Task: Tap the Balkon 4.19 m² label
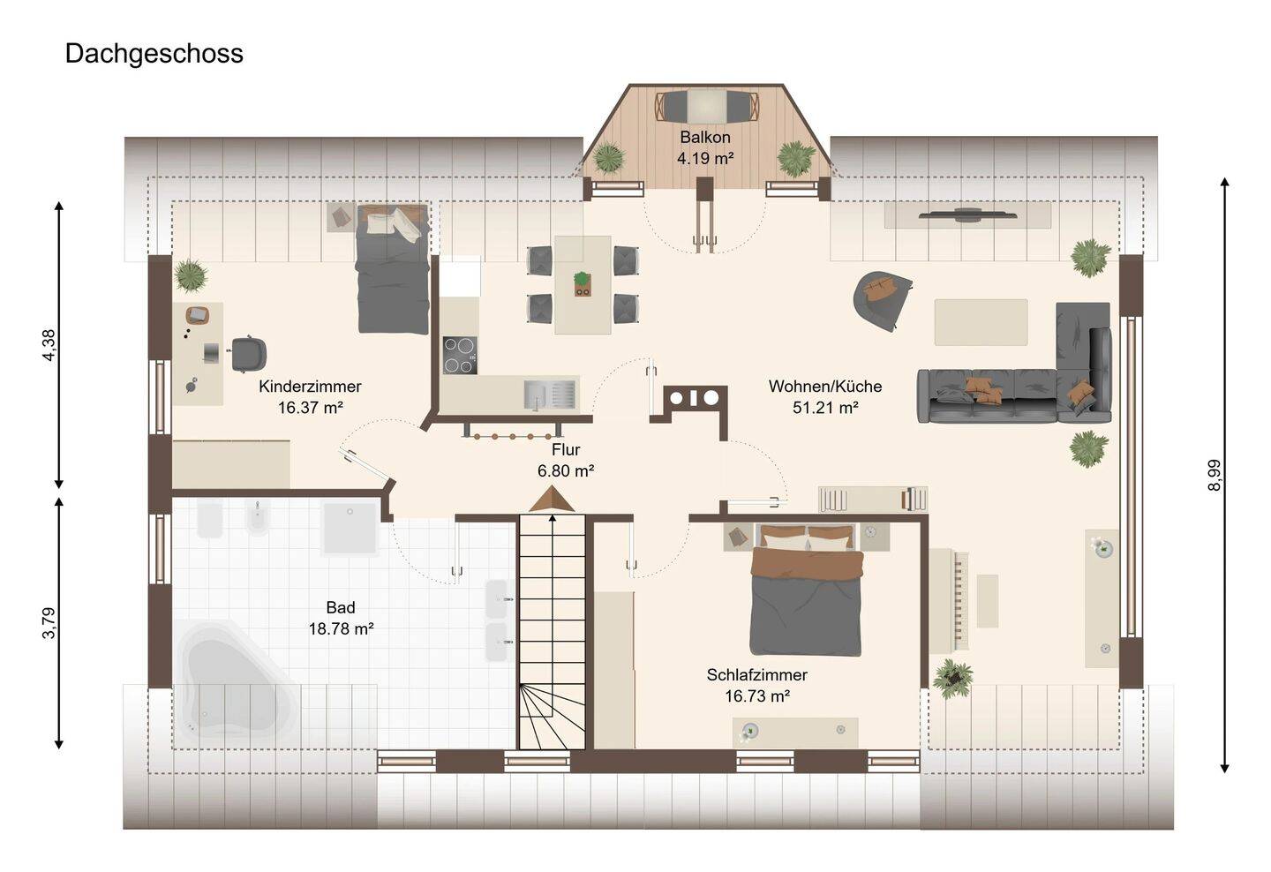click(705, 147)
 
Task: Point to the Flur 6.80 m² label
click(566, 460)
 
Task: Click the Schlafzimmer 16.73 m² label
click(757, 685)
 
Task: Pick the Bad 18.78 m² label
click(341, 618)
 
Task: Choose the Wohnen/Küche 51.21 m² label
click(825, 396)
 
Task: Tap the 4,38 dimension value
click(49, 345)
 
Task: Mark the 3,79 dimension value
click(49, 623)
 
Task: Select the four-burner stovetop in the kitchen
click(460, 355)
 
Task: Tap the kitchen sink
click(549, 394)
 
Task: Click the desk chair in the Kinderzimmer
click(249, 354)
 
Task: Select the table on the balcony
click(706, 106)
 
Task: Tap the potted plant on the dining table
click(583, 283)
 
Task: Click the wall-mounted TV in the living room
click(968, 214)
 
